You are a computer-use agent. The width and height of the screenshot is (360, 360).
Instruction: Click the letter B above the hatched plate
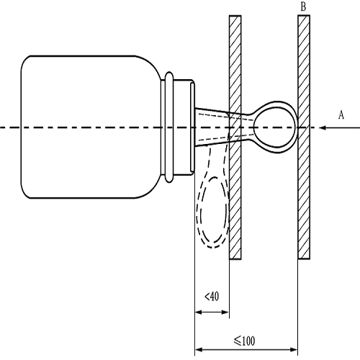[303, 7]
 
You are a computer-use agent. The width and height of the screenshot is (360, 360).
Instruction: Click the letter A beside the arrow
[341, 114]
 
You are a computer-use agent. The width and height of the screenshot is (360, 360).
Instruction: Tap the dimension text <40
[212, 297]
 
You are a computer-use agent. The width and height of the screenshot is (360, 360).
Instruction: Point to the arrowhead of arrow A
[323, 127]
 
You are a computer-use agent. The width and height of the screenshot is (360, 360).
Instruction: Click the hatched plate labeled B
[304, 137]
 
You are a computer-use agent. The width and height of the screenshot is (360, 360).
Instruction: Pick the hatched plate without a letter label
[235, 137]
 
